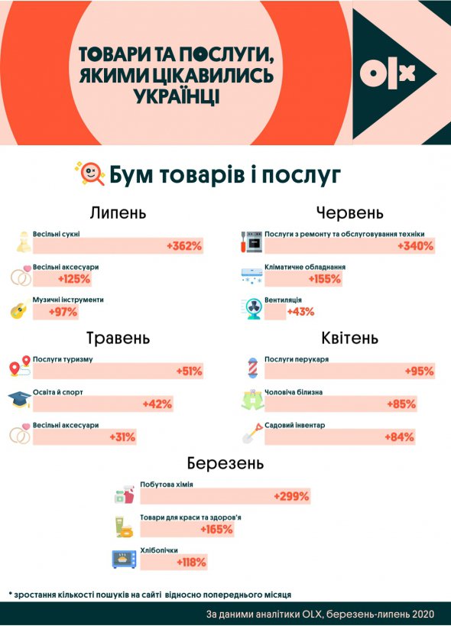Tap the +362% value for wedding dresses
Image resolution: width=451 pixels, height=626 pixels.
(x=184, y=246)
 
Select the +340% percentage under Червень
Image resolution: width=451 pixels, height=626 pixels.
(x=416, y=246)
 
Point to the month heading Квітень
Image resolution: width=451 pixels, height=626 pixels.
(x=350, y=338)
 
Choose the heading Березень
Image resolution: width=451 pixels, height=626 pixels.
(x=226, y=463)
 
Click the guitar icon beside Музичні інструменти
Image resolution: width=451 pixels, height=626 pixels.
(x=18, y=310)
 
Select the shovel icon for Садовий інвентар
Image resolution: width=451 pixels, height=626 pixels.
(x=251, y=433)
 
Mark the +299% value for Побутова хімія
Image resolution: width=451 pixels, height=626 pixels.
(x=291, y=496)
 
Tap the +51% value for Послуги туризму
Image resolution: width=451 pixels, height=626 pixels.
(x=189, y=371)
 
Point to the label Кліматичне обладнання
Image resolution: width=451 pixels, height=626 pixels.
(x=305, y=268)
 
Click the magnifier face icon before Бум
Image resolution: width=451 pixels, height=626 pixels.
(x=89, y=174)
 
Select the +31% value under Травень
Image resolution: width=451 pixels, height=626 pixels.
(x=122, y=437)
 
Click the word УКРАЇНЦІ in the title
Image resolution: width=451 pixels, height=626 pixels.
(x=177, y=97)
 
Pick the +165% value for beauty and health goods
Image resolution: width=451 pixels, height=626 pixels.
(x=216, y=529)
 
